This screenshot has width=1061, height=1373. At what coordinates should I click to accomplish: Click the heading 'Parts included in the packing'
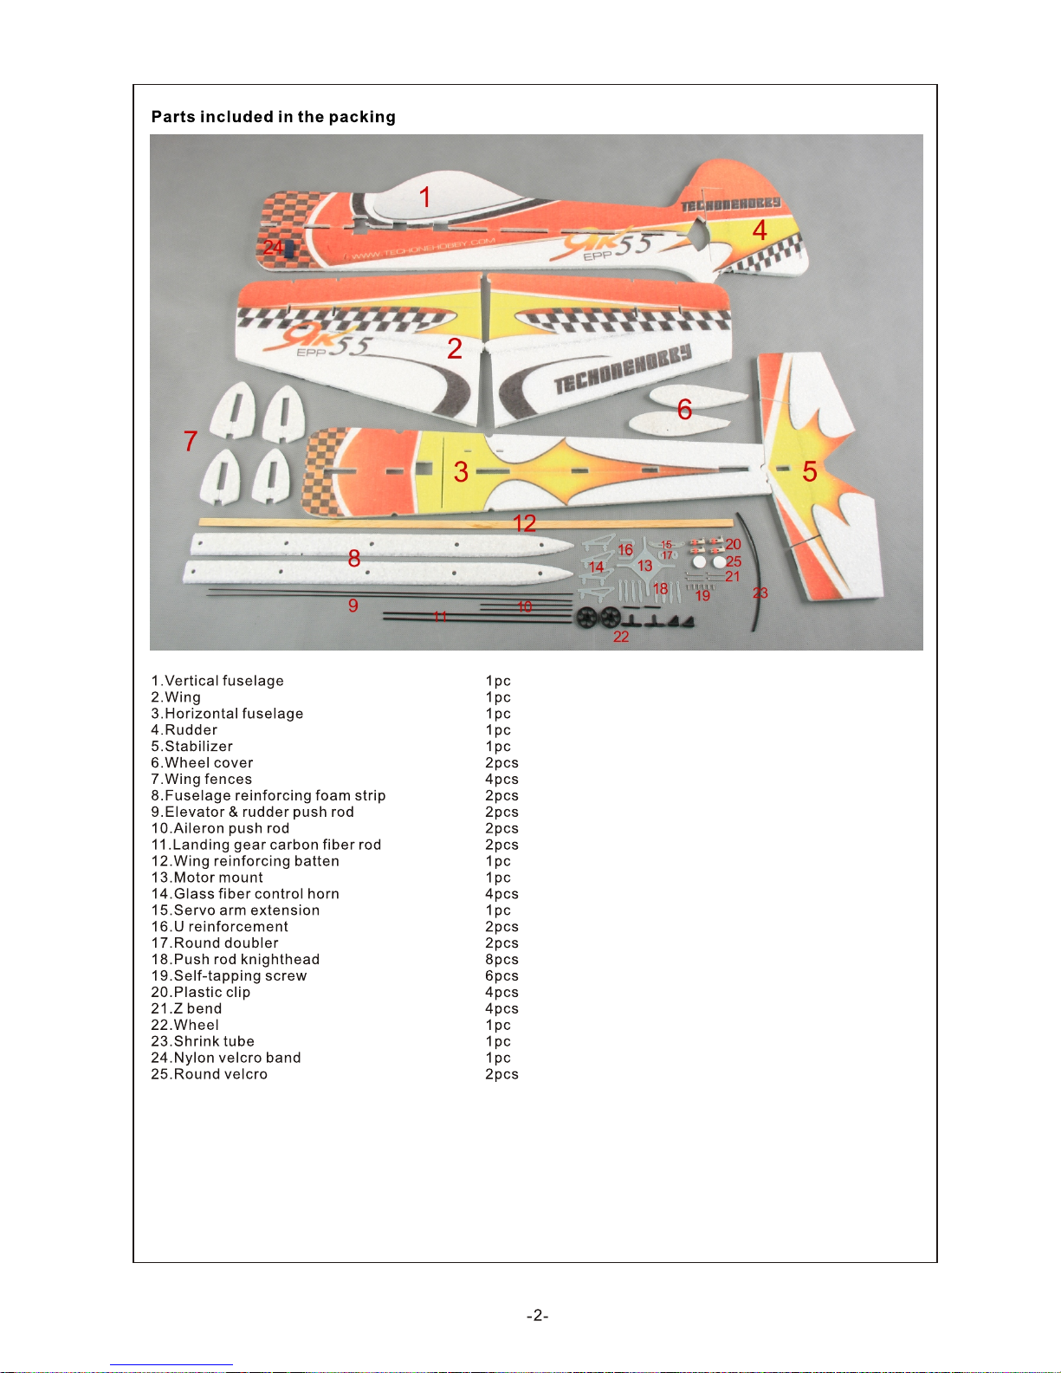(273, 117)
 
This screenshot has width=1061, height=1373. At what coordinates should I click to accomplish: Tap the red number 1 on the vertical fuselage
(424, 198)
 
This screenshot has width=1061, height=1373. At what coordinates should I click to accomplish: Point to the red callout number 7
(191, 442)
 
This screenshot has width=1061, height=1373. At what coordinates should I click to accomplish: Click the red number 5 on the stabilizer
(809, 472)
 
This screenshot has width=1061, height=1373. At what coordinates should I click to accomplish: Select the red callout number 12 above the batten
(524, 523)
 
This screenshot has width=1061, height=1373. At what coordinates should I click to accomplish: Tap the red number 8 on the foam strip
(353, 559)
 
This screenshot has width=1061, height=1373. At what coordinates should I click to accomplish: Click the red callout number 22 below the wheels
(621, 637)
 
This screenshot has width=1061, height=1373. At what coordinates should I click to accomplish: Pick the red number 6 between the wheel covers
(684, 409)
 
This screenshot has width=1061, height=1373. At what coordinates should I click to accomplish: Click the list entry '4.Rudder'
(184, 730)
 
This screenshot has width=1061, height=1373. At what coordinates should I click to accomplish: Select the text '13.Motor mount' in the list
(207, 878)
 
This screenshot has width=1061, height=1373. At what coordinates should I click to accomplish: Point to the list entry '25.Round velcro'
(210, 1074)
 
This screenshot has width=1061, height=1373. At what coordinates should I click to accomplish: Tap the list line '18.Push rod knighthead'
(236, 960)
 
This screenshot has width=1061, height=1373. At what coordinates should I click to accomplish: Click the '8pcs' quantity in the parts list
(501, 960)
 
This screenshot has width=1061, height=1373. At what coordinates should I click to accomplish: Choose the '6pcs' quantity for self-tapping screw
(501, 976)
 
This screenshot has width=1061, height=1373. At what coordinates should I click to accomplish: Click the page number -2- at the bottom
(537, 1316)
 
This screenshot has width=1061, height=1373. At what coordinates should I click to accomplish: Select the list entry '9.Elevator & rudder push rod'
(253, 813)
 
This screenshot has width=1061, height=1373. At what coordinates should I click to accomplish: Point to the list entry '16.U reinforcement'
(220, 927)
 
